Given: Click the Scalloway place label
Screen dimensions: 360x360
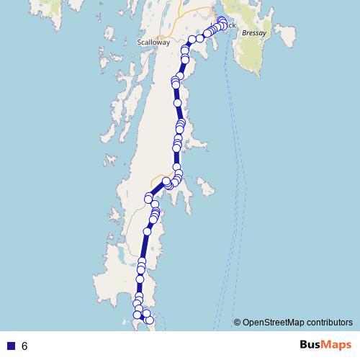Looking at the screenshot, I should pos(153,42).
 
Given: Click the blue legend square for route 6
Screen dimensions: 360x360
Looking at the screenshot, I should pos(11,346).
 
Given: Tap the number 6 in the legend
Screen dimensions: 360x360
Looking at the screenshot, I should pos(24,346).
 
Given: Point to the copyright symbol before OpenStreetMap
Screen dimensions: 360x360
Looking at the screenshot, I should pos(237,323).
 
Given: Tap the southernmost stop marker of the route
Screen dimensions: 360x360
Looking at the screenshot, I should pos(150,320).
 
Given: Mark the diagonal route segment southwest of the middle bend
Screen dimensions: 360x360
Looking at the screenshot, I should pos(157,189).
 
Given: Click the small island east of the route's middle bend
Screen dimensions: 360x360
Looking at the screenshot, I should pos(207,191).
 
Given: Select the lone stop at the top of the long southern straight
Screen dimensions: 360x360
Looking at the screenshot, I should pos(148,231).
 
